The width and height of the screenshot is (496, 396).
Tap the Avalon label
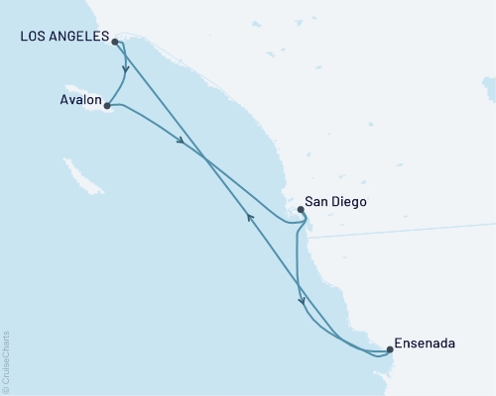79,100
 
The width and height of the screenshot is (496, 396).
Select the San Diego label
335,201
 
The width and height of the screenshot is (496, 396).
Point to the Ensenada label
425,344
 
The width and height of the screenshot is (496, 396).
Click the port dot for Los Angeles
116,42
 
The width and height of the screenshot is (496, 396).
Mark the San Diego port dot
301,209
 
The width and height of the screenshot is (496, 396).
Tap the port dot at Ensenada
389,348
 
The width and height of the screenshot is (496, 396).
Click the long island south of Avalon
91,184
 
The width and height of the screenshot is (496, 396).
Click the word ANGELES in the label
83,37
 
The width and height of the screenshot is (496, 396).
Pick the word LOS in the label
34,37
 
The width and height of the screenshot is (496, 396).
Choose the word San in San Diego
315,201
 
